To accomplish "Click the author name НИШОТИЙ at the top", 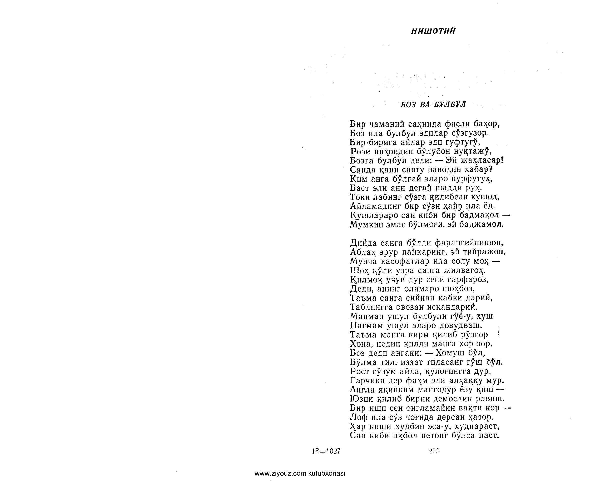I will coord(433,31).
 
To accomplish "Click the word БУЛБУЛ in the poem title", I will coord(450,105).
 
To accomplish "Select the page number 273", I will coord(434,451).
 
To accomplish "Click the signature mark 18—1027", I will coord(326,451).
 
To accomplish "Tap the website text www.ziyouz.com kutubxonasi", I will coord(300,473).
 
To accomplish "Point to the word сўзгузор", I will coord(470,133).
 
